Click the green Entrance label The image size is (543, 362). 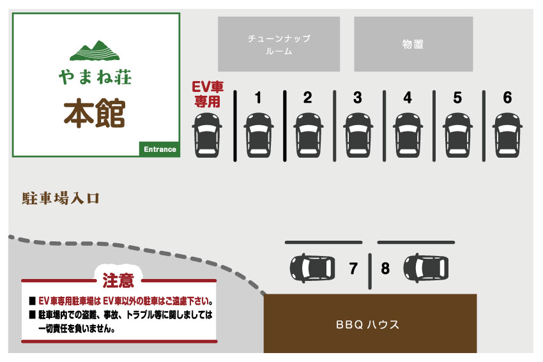[x=160, y=149]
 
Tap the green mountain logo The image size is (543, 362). [x=95, y=50]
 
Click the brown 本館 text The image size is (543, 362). [x=94, y=113]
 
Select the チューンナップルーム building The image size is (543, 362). [x=279, y=44]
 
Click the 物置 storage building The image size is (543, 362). [x=413, y=44]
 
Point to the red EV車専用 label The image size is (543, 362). [x=208, y=94]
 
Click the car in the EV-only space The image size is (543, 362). [x=207, y=135]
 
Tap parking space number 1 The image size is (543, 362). [x=258, y=98]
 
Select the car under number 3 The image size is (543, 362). [x=358, y=135]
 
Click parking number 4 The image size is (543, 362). [x=408, y=98]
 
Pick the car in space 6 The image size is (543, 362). [x=508, y=135]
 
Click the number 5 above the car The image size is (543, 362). [x=457, y=98]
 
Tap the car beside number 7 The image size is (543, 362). [x=312, y=268]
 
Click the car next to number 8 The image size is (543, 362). [x=426, y=268]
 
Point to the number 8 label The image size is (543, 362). [x=385, y=268]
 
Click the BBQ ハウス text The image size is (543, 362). [x=367, y=324]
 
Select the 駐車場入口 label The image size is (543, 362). [x=61, y=199]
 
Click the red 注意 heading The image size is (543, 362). [x=118, y=280]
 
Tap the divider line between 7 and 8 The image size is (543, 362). [x=370, y=271]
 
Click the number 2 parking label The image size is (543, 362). [x=307, y=98]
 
